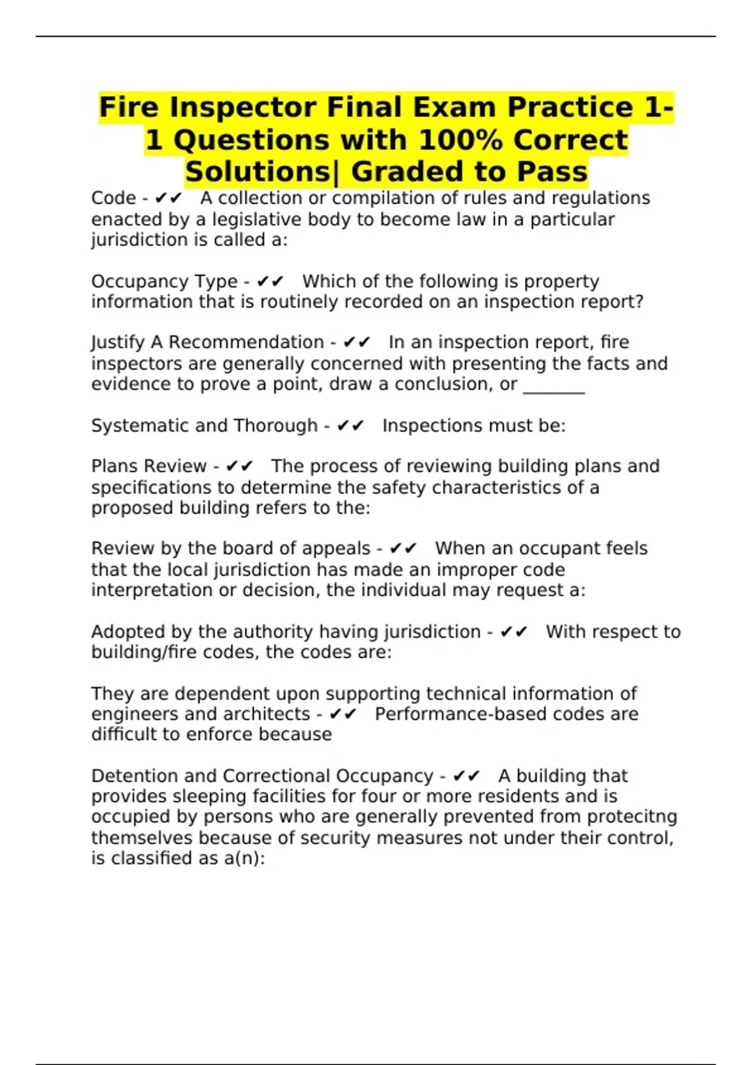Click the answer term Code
click(x=113, y=198)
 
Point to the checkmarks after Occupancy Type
click(x=270, y=281)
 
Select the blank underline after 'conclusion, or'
click(x=553, y=385)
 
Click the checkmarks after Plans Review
click(x=239, y=466)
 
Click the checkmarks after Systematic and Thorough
click(x=350, y=425)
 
